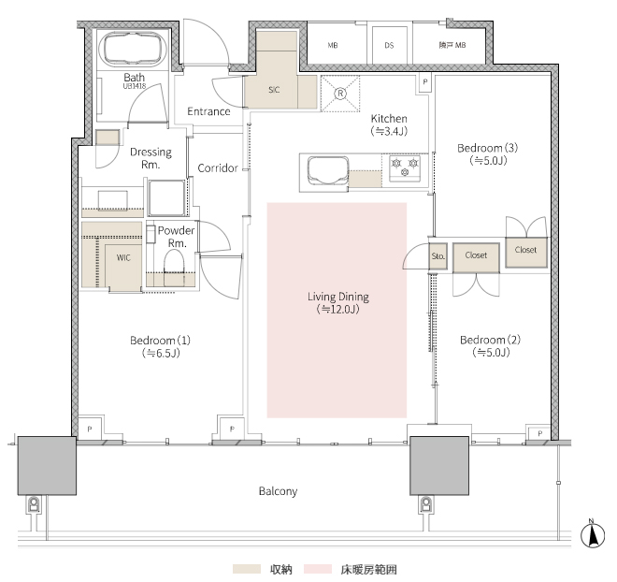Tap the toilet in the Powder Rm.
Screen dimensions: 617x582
(x=174, y=262)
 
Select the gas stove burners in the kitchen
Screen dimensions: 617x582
(x=405, y=167)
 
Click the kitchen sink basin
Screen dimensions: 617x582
(x=328, y=170)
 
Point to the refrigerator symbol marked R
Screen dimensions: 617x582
(x=340, y=94)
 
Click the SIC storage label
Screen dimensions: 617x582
(x=274, y=90)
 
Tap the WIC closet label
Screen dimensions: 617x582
(x=123, y=258)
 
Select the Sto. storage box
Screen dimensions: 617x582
(x=438, y=256)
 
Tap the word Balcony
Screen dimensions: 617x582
(x=278, y=491)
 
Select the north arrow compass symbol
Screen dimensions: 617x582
(x=593, y=534)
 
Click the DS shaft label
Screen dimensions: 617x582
(x=389, y=45)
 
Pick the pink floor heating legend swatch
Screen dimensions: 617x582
(x=318, y=569)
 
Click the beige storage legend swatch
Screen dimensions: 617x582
(x=247, y=569)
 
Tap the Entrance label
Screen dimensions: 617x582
(x=208, y=111)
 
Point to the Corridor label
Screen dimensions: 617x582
(x=218, y=168)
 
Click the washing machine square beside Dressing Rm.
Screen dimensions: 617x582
(x=166, y=197)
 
